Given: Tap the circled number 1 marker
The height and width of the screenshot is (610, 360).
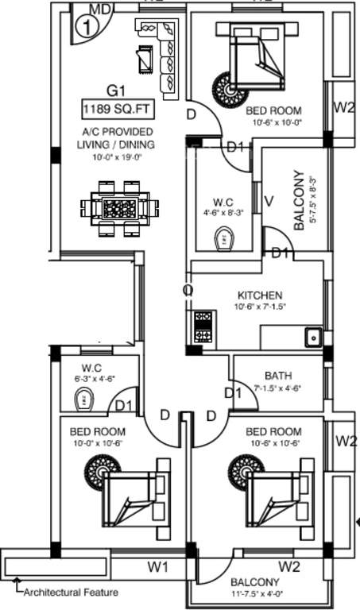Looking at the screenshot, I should (x=85, y=26).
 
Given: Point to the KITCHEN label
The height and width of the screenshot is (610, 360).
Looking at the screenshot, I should (x=259, y=295).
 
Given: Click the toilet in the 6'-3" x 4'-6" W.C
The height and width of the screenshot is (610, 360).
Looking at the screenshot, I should (x=82, y=403).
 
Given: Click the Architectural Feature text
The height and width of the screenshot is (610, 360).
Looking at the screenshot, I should (x=71, y=592).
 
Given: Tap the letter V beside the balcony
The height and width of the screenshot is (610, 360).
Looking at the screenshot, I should (x=269, y=201).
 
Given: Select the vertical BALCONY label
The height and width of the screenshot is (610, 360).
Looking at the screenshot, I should (x=299, y=200).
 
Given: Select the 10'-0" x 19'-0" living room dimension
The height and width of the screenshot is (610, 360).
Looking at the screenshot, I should (x=116, y=156).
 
